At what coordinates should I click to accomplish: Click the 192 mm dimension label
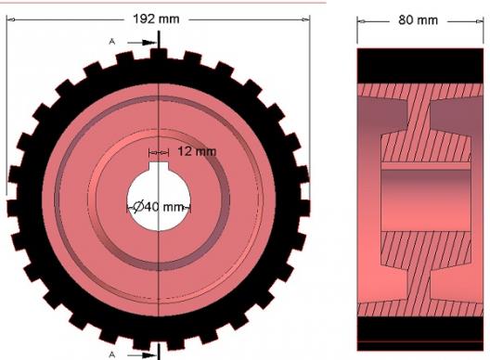[156, 19]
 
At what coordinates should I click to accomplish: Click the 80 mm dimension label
[418, 20]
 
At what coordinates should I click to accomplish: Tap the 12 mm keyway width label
[197, 151]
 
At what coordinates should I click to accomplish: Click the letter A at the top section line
[112, 42]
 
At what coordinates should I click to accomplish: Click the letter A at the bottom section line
[112, 354]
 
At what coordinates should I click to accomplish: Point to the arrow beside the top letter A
[142, 43]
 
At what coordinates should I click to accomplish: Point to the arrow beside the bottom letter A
[142, 355]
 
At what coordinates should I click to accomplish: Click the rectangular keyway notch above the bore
[159, 167]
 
